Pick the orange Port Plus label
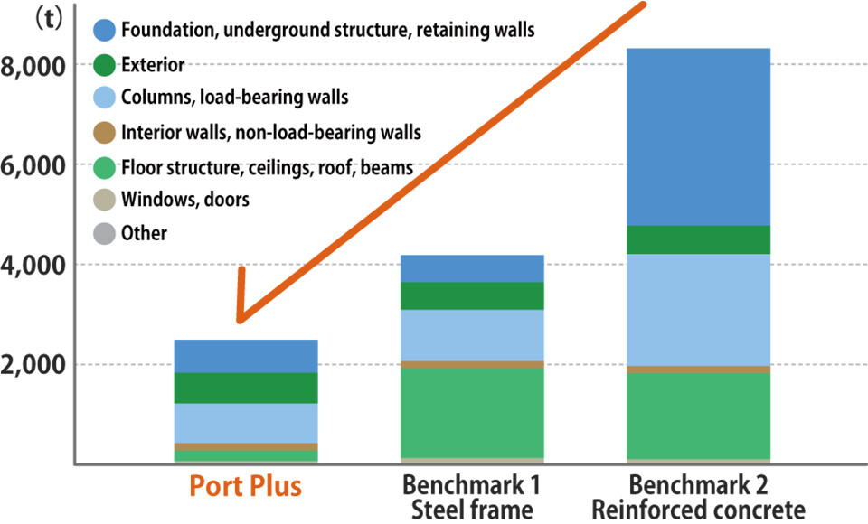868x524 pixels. (246, 487)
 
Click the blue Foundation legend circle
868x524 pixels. (105, 30)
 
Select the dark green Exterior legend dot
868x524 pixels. (105, 64)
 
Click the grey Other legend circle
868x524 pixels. (105, 233)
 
